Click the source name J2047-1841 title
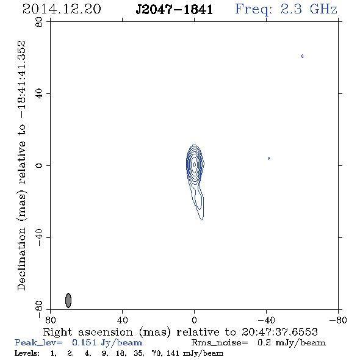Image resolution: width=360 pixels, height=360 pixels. pyautogui.click(x=175, y=9)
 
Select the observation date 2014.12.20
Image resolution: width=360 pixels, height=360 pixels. pyautogui.click(x=62, y=9)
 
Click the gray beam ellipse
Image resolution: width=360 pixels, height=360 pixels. pyautogui.click(x=68, y=300)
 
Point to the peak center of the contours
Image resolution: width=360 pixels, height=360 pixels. pyautogui.click(x=195, y=165)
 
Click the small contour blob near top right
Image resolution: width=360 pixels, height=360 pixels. pyautogui.click(x=303, y=56)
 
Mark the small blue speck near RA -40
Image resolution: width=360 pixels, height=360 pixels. pyautogui.click(x=269, y=158)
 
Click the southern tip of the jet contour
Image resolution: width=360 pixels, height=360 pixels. pyautogui.click(x=202, y=220)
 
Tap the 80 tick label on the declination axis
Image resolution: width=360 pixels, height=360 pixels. pyautogui.click(x=39, y=22)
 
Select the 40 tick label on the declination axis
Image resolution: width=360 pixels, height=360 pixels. pyautogui.click(x=39, y=94)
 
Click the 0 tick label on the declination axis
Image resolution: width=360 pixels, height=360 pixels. pyautogui.click(x=39, y=165)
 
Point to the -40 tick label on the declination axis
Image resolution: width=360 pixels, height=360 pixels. pyautogui.click(x=39, y=237)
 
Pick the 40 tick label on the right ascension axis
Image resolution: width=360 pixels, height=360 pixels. pyautogui.click(x=123, y=320)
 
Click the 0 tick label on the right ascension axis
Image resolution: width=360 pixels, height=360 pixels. pyautogui.click(x=195, y=320)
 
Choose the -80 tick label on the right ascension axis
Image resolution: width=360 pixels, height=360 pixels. pyautogui.click(x=338, y=320)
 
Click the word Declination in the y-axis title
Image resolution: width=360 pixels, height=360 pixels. pyautogui.click(x=21, y=259)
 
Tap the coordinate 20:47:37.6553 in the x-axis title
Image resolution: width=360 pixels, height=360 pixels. pyautogui.click(x=279, y=332)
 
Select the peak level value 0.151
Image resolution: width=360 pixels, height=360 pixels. pyautogui.click(x=84, y=342)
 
